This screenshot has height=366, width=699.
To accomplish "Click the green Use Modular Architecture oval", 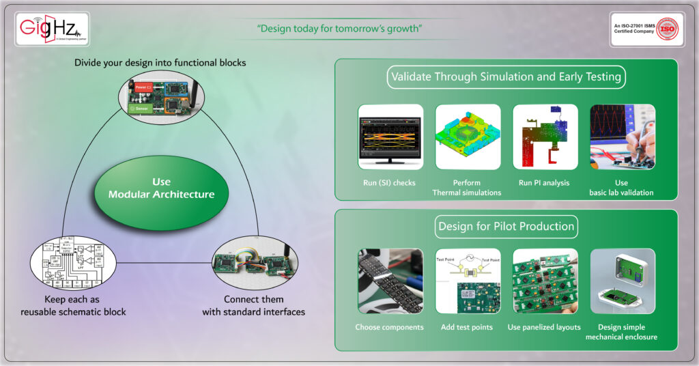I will pos(162,188).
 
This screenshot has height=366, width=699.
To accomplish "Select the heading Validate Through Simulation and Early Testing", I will pos(506,76).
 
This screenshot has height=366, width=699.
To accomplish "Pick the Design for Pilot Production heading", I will pos(506,226).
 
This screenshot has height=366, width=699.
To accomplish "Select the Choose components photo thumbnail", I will pos(390,281).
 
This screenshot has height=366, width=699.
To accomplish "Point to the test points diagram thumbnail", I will pos(468,281).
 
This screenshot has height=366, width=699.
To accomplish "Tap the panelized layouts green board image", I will pos(545,281).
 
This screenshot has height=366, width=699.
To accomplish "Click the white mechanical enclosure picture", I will pos(622,281).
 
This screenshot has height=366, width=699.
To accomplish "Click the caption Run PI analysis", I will pos(545,182).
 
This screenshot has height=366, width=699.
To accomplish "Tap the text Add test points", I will pos(467,327).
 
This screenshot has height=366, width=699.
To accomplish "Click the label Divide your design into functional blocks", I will pos(160,63).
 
